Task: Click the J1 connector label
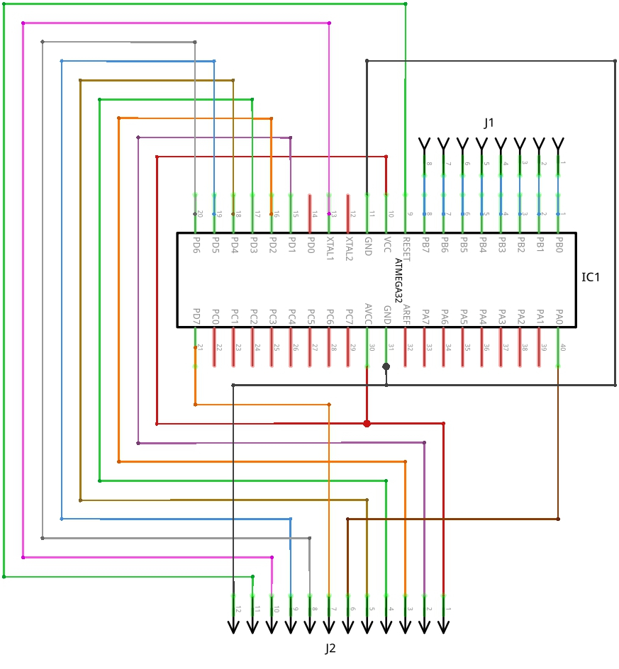click(489, 123)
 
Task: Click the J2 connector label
click(330, 648)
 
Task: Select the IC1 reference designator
click(591, 276)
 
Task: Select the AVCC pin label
click(367, 314)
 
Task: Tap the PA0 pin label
click(559, 316)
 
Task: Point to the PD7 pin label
click(196, 316)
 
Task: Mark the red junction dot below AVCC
click(367, 424)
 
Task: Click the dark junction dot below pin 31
click(386, 366)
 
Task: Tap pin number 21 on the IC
click(200, 347)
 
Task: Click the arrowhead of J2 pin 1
click(444, 627)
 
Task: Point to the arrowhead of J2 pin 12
click(233, 627)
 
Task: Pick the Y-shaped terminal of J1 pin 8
click(425, 145)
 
